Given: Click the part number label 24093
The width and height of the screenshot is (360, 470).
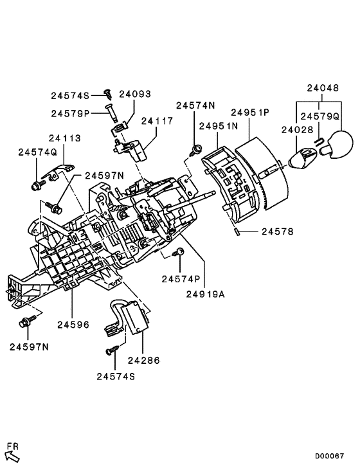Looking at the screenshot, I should pyautogui.click(x=134, y=94).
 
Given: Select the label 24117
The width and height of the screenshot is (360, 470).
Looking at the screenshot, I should pyautogui.click(x=157, y=120).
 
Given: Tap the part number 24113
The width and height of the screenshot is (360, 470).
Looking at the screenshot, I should pyautogui.click(x=66, y=138).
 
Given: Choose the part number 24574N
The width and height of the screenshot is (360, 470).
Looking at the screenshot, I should pyautogui.click(x=197, y=104).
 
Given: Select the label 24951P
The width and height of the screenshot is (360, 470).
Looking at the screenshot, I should pyautogui.click(x=251, y=113).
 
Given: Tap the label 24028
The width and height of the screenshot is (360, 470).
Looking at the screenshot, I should pyautogui.click(x=296, y=131).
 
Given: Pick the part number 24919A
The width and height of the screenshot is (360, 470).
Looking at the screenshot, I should pyautogui.click(x=206, y=295).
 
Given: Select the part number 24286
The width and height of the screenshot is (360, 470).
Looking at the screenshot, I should pyautogui.click(x=143, y=361).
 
